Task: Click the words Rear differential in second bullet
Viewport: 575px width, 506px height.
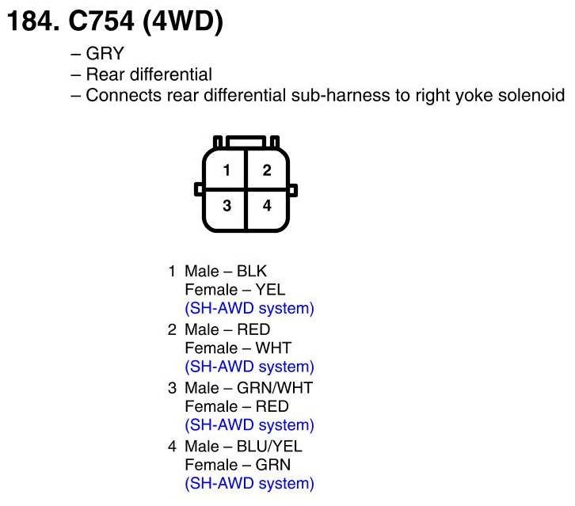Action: pyautogui.click(x=149, y=74)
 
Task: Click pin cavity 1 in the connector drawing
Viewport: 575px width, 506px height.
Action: pyautogui.click(x=226, y=169)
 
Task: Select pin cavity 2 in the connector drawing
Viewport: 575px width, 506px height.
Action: pyautogui.click(x=267, y=169)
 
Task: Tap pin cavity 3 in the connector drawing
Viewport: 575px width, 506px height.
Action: pyautogui.click(x=226, y=206)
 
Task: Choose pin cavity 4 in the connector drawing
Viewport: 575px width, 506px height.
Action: pyautogui.click(x=267, y=206)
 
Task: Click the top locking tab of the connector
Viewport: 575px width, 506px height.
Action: pyautogui.click(x=246, y=142)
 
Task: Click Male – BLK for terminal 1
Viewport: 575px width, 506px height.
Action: pyautogui.click(x=226, y=272)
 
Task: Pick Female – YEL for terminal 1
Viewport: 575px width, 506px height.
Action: pyautogui.click(x=234, y=290)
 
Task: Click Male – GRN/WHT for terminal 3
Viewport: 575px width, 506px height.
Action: pyautogui.click(x=248, y=387)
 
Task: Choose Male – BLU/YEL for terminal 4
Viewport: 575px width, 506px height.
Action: pyautogui.click(x=243, y=446)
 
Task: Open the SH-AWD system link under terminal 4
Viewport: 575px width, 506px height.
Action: pyautogui.click(x=249, y=483)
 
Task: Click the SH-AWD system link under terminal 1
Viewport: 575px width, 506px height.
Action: pyautogui.click(x=249, y=308)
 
